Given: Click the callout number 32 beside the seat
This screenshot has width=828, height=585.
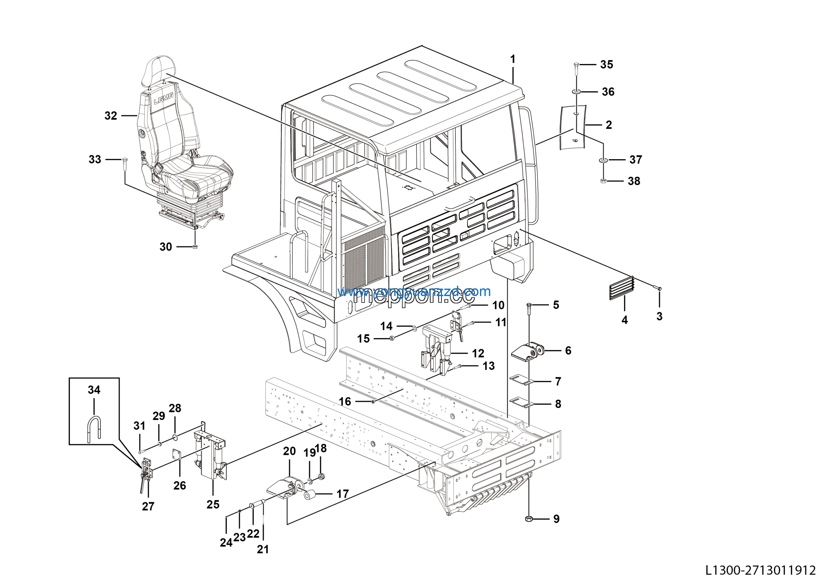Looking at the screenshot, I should (x=111, y=116).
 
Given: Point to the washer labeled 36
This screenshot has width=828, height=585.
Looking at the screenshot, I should (x=576, y=92).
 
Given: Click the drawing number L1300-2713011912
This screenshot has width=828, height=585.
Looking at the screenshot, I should (x=760, y=570).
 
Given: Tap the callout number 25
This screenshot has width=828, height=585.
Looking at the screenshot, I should (x=213, y=504).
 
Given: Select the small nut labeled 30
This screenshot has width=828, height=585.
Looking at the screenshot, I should (x=194, y=247).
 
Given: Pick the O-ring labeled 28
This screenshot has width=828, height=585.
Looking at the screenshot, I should (x=175, y=437).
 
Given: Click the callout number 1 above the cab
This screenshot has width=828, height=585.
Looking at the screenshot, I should (x=512, y=59).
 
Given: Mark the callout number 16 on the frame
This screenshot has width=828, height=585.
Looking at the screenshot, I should (x=344, y=402).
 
